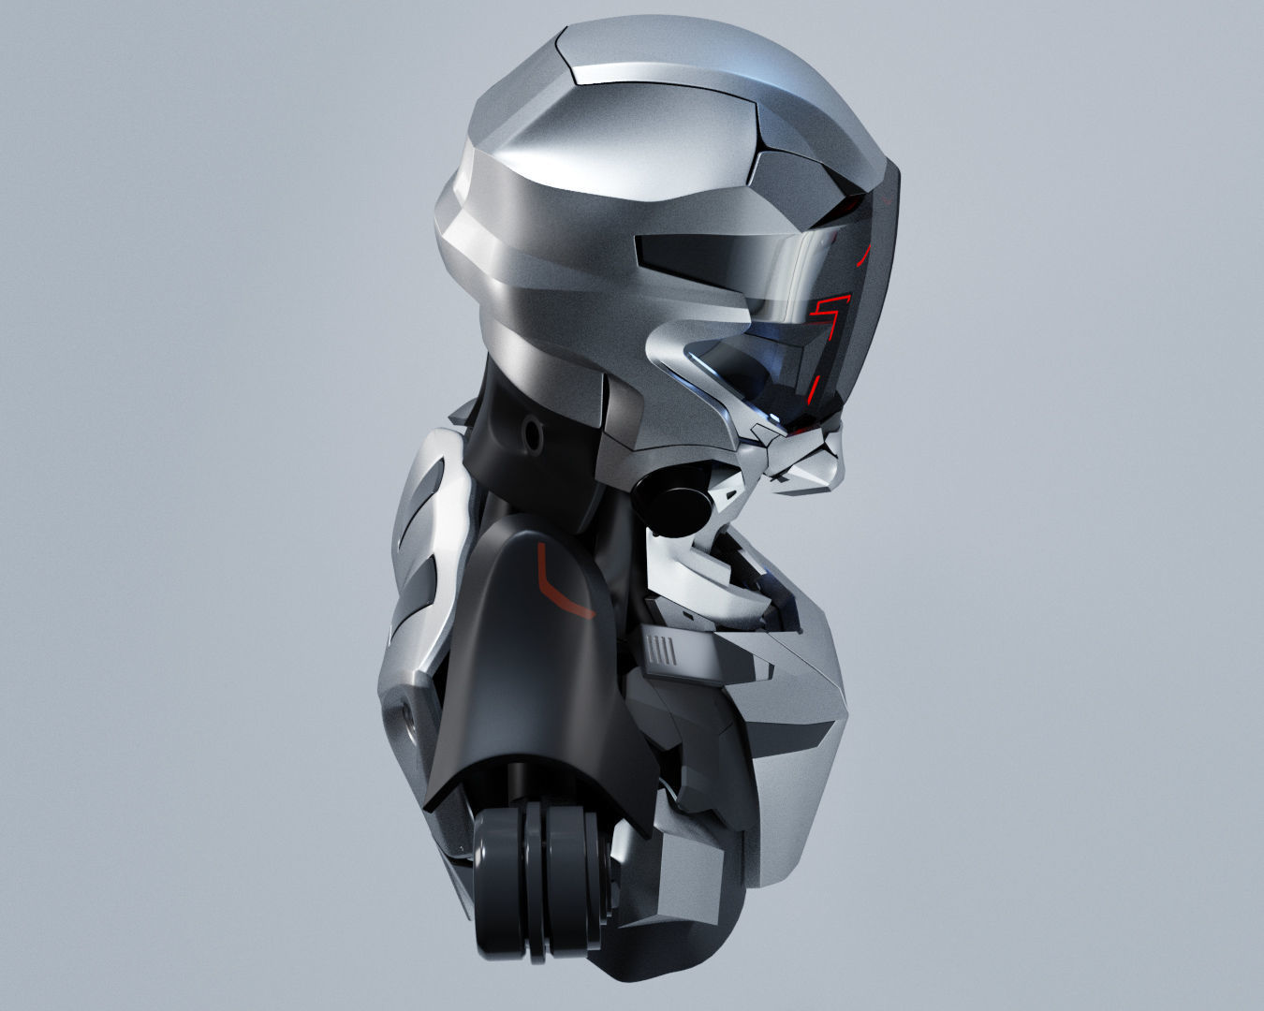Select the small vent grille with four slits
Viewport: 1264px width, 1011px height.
[x=661, y=649]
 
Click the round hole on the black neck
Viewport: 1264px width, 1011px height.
[x=534, y=433]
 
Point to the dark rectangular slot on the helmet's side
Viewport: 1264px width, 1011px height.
[x=712, y=251]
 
